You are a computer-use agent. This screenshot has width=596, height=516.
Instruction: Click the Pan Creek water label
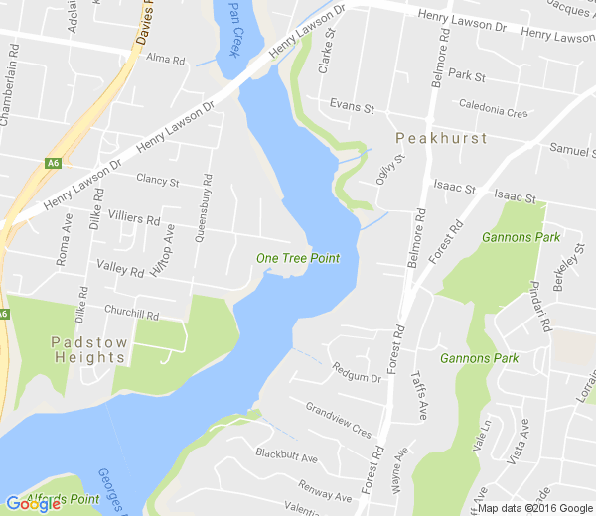point(234,27)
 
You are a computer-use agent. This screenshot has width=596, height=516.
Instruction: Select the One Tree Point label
point(298,258)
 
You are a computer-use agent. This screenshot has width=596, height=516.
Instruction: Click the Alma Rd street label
point(166,60)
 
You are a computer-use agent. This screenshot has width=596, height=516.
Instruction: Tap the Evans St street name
point(352,106)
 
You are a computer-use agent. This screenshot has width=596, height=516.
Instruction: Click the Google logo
point(33,503)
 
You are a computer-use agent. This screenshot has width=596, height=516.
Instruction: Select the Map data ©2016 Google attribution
point(534,508)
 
